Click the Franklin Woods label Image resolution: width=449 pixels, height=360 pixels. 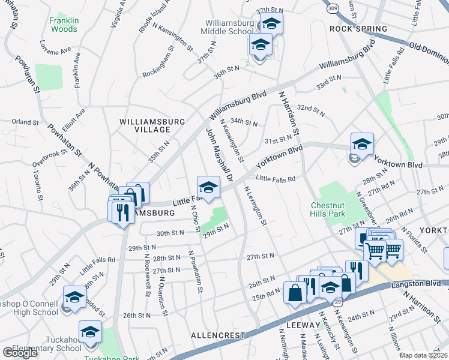pos(63,25)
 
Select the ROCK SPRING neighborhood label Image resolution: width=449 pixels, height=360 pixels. pos(358,29)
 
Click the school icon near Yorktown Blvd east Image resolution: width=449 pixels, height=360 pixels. pos(362,144)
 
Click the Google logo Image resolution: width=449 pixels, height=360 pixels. pos(20,353)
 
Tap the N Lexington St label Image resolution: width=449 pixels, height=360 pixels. pos(255,205)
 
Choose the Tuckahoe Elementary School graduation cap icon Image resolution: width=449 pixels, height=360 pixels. pos(90,331)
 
